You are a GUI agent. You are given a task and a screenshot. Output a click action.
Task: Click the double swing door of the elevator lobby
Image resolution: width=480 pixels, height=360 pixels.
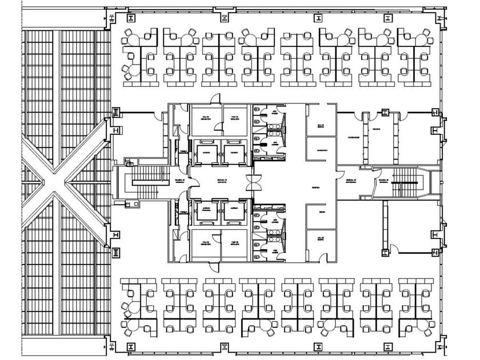tap(251, 182)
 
